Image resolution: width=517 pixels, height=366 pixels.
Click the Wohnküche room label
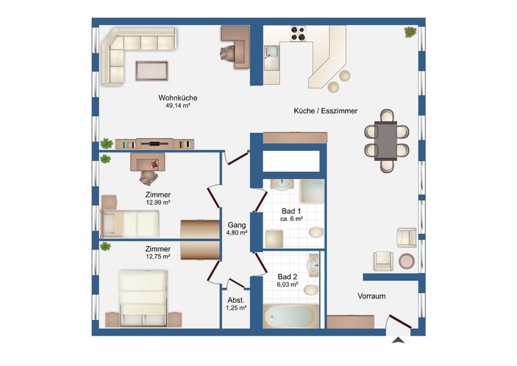tap(178, 98)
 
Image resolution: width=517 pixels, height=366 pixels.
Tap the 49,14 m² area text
tap(178, 106)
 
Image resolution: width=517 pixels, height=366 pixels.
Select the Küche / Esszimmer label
tap(325, 111)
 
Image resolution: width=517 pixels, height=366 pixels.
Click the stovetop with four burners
tap(298, 33)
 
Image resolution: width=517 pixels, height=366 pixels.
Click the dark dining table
tap(386, 141)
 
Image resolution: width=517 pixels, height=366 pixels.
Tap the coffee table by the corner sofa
tap(151, 71)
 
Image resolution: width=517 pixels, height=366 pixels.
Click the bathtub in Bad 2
tap(291, 316)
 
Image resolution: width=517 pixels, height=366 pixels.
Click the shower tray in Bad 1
tap(312, 191)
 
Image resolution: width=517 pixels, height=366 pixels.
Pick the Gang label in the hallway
tap(237, 225)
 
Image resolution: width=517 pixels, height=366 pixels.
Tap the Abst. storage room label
tap(236, 301)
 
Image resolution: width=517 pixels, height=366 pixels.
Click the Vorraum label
tap(372, 296)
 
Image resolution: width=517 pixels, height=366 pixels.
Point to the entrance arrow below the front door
tap(399, 340)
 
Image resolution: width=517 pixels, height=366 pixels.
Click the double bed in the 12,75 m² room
tap(143, 299)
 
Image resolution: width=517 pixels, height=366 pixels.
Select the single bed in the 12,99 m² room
tap(130, 223)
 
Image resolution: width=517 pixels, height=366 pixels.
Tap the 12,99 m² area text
tap(158, 203)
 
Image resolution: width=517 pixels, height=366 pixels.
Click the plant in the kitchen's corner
tap(410, 32)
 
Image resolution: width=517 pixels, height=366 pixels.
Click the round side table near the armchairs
tap(407, 261)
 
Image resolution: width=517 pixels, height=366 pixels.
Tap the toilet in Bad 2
tap(311, 289)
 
